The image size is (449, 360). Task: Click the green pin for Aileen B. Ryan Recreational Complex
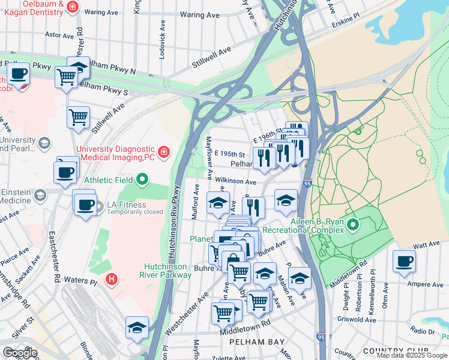353,226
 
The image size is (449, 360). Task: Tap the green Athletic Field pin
142,179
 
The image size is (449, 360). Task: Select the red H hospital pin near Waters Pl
110,279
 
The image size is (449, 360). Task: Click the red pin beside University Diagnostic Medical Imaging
163,151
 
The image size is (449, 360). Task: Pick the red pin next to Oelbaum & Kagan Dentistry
72,7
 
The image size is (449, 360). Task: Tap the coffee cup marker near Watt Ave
404,261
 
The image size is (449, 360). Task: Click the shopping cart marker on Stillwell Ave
78,118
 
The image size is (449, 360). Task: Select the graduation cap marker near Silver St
137,327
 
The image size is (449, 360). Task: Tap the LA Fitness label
126,205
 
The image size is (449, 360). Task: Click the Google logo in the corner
20,352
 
